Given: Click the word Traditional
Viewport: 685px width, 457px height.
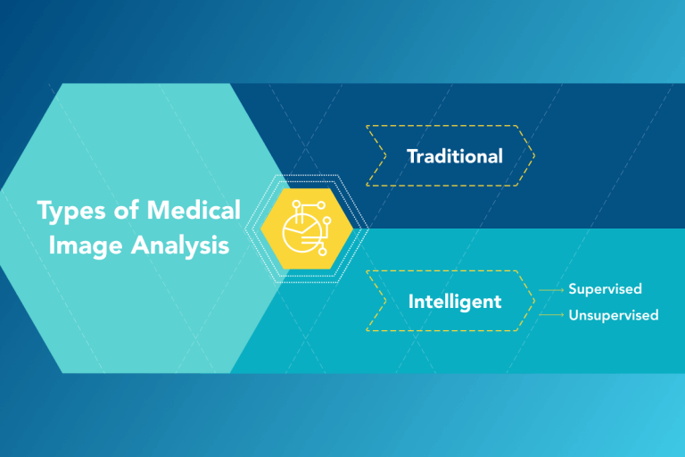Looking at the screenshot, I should coord(454,156).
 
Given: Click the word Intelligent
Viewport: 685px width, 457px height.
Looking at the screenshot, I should coord(455,302).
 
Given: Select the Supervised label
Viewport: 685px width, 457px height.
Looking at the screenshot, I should coord(605,289).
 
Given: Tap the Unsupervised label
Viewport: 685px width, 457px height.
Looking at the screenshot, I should coord(614,315).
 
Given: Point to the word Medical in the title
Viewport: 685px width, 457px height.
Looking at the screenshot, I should coord(194,211).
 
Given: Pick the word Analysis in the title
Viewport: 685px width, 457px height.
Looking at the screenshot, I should coord(179,245).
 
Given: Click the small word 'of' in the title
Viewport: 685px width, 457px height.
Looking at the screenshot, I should coord(127,212).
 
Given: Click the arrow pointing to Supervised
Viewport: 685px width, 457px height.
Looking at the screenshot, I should coord(552,290).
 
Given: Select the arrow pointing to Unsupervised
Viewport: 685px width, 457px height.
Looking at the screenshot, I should coord(552,315).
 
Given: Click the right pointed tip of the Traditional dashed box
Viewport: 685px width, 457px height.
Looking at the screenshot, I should coord(533,156).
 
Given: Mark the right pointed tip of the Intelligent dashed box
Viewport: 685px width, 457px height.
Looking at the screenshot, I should coord(533,301).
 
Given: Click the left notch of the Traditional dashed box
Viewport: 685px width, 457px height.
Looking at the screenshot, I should coord(384,156).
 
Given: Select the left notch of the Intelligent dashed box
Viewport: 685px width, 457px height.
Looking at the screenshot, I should coord(384,301).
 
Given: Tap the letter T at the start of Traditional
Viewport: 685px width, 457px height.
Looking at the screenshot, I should coord(412,156).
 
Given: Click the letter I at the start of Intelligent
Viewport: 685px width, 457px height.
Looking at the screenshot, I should coord(411,302).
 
